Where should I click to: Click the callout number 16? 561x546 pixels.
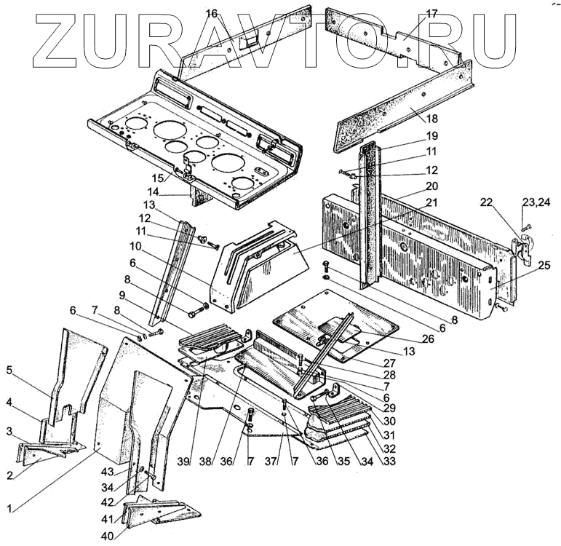pos(211,13)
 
